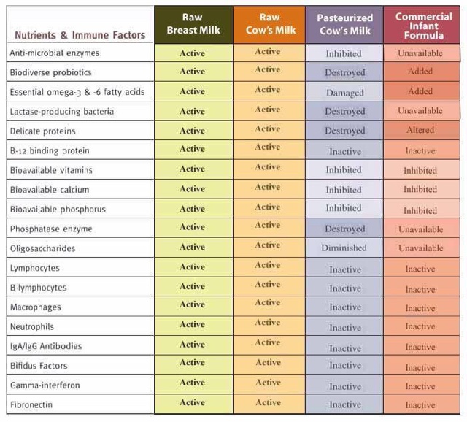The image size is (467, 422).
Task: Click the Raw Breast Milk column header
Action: [193, 24]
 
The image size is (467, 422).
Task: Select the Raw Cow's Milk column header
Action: [269, 23]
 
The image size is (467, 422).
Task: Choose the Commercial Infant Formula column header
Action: [423, 26]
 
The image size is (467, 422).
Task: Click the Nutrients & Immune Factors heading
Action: [80, 34]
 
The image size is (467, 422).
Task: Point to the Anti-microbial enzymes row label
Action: [55, 53]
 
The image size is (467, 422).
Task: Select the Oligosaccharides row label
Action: [42, 248]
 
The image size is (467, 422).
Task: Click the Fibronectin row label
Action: [31, 404]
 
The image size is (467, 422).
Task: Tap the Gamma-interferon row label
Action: [45, 385]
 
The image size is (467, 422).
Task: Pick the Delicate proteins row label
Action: [42, 131]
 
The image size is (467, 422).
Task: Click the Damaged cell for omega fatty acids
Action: [345, 93]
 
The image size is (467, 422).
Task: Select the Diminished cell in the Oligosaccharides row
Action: [344, 248]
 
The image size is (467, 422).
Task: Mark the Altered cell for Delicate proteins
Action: [420, 131]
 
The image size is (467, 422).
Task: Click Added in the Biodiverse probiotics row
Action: [420, 72]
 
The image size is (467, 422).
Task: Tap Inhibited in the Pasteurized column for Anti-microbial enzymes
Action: [344, 53]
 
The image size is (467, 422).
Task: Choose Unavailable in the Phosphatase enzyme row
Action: [421, 229]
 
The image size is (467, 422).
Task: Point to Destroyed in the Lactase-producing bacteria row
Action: [345, 112]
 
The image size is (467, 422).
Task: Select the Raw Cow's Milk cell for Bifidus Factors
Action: [269, 363]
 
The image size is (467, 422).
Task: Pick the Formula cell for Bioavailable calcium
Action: [420, 190]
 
